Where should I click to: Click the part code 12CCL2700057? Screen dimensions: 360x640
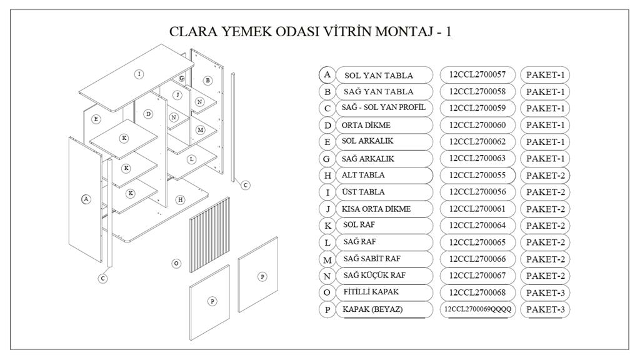click(477, 75)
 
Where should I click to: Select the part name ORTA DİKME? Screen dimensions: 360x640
click(366, 125)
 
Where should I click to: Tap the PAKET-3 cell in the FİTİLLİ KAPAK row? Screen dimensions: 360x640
click(545, 292)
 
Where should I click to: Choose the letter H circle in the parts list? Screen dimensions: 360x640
click(327, 176)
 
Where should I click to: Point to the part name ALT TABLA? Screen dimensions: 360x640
click(363, 175)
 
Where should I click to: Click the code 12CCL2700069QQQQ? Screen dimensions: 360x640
click(477, 309)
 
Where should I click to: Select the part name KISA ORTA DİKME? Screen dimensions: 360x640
click(376, 209)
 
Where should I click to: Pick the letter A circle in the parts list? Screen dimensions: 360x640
click(327, 74)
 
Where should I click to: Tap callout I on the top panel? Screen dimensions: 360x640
click(139, 74)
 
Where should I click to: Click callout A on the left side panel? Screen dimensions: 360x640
click(86, 199)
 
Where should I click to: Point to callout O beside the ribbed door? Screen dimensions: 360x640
click(176, 263)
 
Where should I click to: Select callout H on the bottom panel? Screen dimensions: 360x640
click(180, 199)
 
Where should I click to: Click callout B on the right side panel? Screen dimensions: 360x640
click(207, 80)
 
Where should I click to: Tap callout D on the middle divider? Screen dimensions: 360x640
click(148, 114)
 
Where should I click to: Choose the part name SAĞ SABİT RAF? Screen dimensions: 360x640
click(371, 259)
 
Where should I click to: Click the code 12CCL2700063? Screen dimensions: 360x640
click(477, 159)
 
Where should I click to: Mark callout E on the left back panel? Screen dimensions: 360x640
click(96, 119)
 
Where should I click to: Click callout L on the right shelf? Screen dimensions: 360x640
click(191, 159)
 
